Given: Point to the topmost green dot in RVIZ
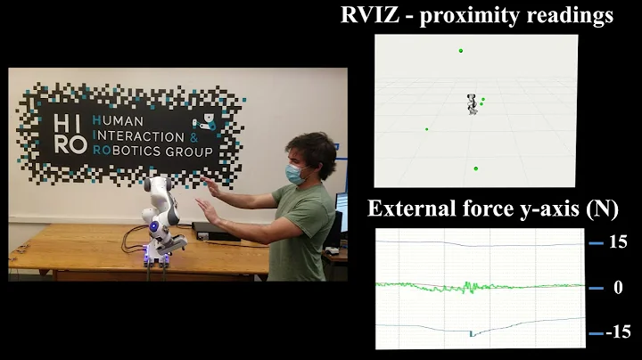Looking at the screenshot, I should [x=461, y=51].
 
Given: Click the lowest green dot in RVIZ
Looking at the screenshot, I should [x=476, y=168].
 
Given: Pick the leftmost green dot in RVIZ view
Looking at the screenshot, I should [x=426, y=129].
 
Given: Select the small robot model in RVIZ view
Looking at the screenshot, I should [x=472, y=104].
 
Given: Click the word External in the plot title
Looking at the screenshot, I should [x=407, y=210].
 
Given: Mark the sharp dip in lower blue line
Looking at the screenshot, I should [x=472, y=334].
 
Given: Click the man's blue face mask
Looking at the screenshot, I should [x=295, y=174].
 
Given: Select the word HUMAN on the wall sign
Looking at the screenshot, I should [x=124, y=121].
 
